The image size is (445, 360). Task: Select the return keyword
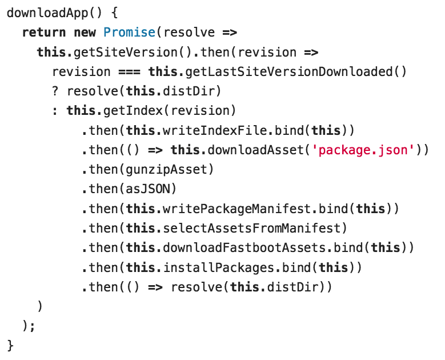(44, 33)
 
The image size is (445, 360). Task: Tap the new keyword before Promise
(85, 33)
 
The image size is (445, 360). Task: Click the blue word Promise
(129, 33)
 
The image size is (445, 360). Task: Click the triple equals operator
(129, 72)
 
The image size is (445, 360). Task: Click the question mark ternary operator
(55, 91)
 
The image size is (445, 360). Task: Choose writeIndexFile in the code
(214, 130)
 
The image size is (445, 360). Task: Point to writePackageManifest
(237, 209)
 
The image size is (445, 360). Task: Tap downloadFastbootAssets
(244, 248)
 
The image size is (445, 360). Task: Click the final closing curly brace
(10, 346)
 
